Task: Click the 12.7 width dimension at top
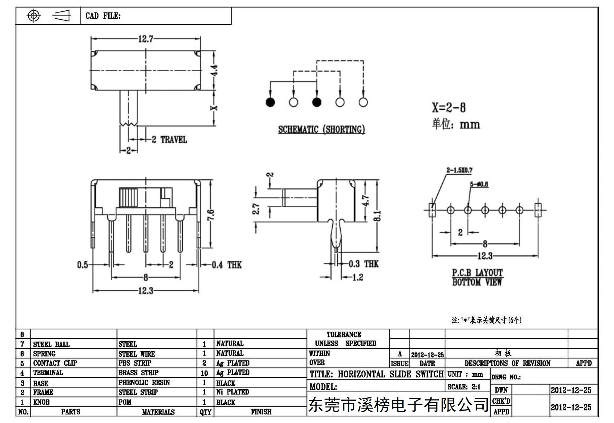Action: [145, 39]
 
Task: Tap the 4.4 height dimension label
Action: [214, 70]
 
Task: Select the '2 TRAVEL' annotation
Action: [169, 140]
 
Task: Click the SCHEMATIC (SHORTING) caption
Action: [322, 129]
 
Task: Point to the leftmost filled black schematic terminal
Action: [270, 102]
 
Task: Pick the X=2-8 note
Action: [448, 107]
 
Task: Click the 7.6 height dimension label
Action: [211, 215]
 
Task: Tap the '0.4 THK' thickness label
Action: [227, 265]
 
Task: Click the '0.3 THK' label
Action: [363, 264]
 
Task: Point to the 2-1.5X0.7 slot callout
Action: [459, 170]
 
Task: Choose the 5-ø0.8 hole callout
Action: [479, 184]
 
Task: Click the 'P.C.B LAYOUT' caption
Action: [478, 273]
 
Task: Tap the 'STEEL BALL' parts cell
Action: [51, 344]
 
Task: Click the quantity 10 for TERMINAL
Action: [204, 373]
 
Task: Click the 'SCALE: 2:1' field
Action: [464, 387]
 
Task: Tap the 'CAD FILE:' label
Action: [103, 16]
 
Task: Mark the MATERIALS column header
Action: [158, 412]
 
